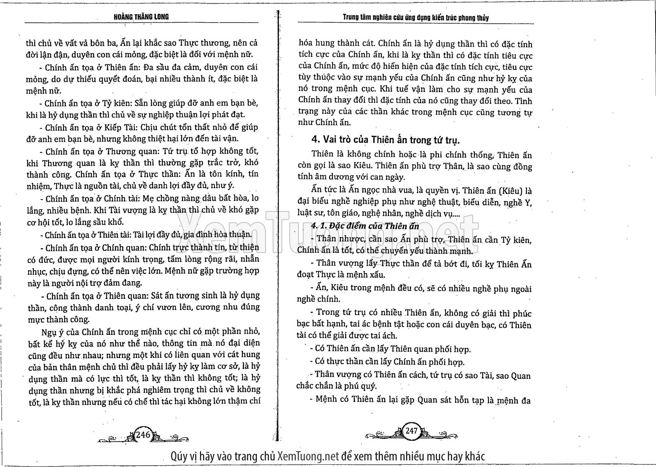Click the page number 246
click(x=143, y=434)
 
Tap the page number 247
click(x=411, y=431)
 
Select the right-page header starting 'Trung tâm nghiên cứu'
click(x=415, y=18)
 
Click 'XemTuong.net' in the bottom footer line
click(x=308, y=456)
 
